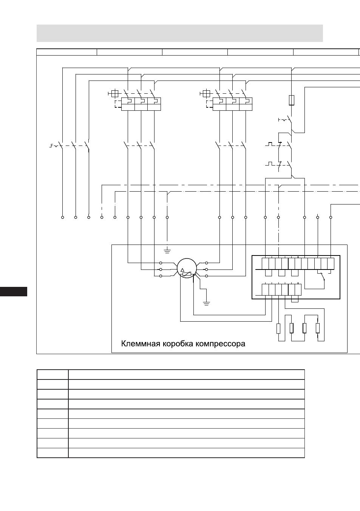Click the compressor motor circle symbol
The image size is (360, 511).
[x=187, y=268]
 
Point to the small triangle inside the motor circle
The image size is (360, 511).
[x=182, y=270]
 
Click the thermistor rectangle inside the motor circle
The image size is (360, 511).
[x=187, y=274]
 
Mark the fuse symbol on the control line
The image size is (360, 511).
[x=291, y=100]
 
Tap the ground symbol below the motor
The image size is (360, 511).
[x=206, y=304]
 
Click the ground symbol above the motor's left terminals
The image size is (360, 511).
[x=167, y=251]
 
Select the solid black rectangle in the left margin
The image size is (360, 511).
[x=14, y=291]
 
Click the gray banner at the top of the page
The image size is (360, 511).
[x=180, y=33]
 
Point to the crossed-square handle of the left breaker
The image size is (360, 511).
[x=115, y=93]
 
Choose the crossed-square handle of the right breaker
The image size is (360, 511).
[x=206, y=93]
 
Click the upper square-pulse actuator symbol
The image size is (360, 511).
[x=270, y=144]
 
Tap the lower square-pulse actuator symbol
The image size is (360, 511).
[x=270, y=164]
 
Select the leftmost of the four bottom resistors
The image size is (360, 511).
[x=278, y=328]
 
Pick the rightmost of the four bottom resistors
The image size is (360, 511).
[x=318, y=328]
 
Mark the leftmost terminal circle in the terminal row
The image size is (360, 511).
[x=62, y=217]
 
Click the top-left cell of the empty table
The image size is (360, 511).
[x=53, y=375]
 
